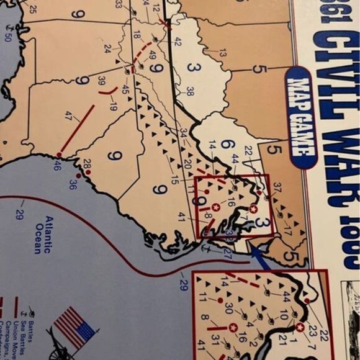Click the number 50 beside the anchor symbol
8,37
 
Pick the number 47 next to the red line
69,115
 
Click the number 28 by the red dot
87,163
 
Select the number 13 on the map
222,53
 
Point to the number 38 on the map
189,91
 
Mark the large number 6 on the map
227,145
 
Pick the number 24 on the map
107,48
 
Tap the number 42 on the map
178,42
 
